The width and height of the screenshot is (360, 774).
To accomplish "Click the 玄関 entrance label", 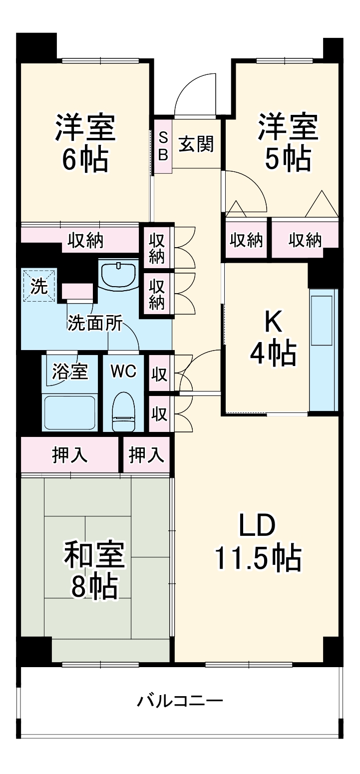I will (x=196, y=144).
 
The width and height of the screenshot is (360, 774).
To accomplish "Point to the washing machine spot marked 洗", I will (x=39, y=286).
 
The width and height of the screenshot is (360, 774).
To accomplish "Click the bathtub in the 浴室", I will (x=69, y=412).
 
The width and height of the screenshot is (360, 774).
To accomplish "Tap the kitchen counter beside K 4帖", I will (x=324, y=350).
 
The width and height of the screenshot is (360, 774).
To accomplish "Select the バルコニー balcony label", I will (x=180, y=701).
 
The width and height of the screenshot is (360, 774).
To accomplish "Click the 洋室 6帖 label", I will (x=85, y=144).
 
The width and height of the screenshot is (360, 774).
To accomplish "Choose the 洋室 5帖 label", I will (x=288, y=143).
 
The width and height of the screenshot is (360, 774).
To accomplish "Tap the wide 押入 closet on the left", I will (x=70, y=454).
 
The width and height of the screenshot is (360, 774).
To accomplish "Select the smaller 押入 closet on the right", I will (x=146, y=454).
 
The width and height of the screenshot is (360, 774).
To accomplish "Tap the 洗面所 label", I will (x=95, y=324).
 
